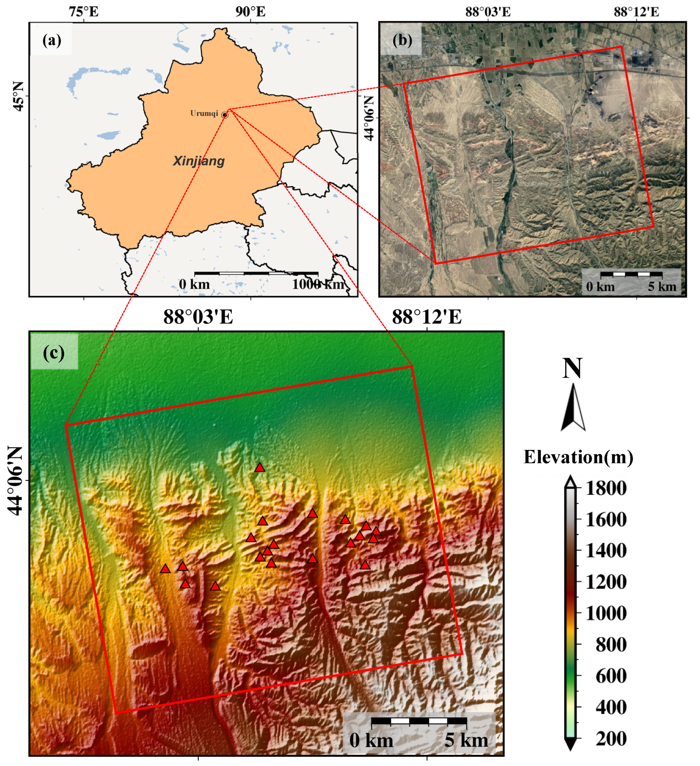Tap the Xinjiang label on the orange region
(x=199, y=161)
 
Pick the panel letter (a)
(x=52, y=40)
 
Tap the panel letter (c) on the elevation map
(x=54, y=353)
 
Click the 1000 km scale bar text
(x=318, y=284)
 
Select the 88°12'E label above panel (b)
(x=636, y=12)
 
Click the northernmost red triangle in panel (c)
(x=260, y=467)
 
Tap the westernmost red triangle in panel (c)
(x=165, y=569)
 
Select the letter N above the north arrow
(x=572, y=368)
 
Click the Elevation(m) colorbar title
(x=578, y=457)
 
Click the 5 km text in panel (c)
(x=466, y=740)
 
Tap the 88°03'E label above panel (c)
(x=198, y=317)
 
